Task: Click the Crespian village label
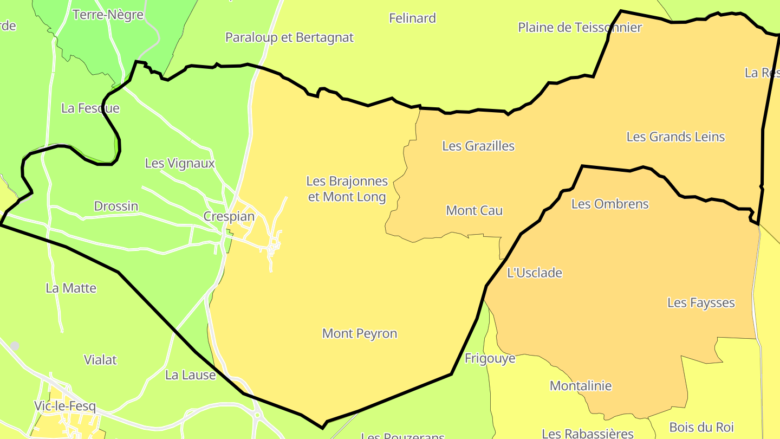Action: pos(229,216)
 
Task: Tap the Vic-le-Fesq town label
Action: pos(64,406)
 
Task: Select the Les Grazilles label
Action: pos(478,146)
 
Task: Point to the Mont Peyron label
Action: pos(360,333)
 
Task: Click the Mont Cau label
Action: pos(474,210)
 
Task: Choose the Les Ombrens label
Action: pos(610,204)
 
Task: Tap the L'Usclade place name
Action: pos(535,273)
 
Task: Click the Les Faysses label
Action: pos(701,302)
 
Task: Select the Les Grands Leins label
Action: pos(675,137)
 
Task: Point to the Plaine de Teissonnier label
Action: pos(580,27)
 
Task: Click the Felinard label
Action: pos(412,18)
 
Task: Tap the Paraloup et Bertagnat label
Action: pos(289,37)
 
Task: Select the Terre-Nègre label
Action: pos(108,14)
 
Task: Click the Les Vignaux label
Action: pos(180,163)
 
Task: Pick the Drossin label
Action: pos(116,206)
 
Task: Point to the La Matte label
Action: pos(71,288)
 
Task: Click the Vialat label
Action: pos(100,359)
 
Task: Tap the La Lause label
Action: pos(190,375)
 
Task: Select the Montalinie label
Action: pos(581,386)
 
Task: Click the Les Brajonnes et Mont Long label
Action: pos(347,189)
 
